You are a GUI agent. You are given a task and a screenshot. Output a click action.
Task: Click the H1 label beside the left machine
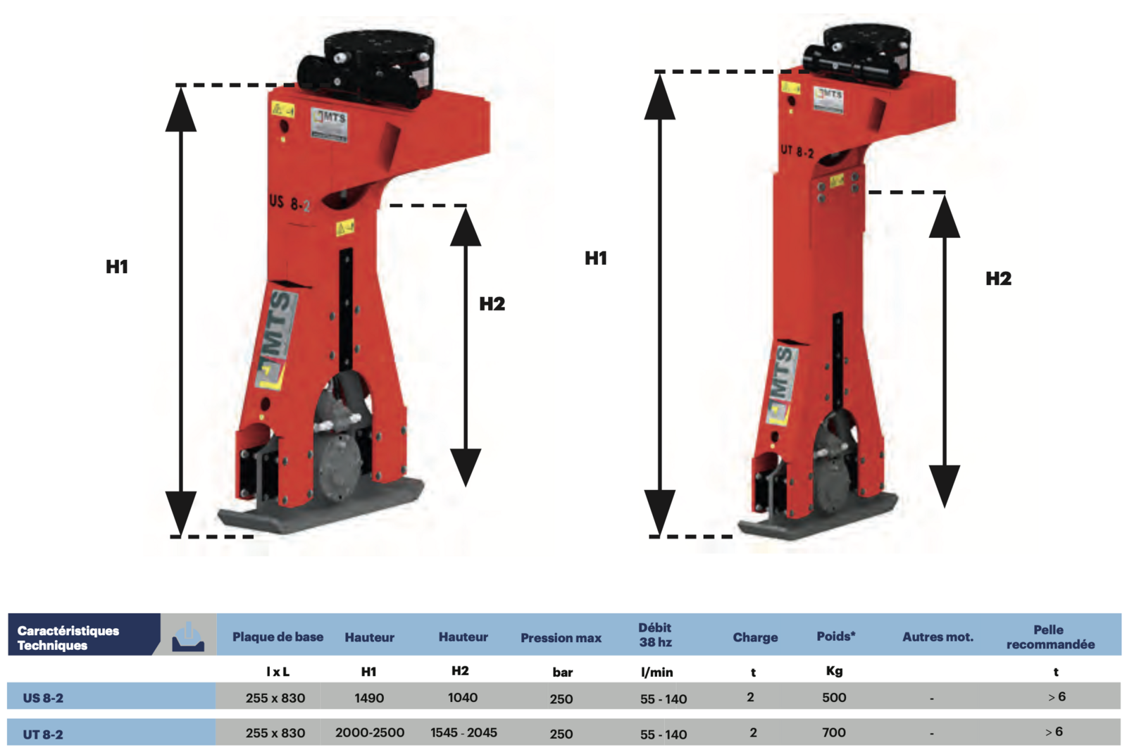(x=117, y=267)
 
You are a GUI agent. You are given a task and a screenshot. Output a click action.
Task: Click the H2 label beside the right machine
(x=998, y=279)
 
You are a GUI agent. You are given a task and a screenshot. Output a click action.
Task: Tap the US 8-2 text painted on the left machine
(x=289, y=203)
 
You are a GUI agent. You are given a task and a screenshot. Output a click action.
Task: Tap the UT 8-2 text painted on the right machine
(x=797, y=151)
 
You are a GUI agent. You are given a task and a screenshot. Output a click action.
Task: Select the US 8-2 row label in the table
(x=43, y=698)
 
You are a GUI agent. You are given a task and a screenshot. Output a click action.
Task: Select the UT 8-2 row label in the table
(x=43, y=734)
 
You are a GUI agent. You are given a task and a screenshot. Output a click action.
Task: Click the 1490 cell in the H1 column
(x=369, y=698)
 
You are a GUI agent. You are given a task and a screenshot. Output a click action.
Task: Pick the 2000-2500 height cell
(x=370, y=733)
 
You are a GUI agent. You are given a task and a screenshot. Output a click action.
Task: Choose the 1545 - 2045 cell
(x=463, y=733)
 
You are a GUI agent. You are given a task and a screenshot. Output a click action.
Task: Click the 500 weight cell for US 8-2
(x=834, y=698)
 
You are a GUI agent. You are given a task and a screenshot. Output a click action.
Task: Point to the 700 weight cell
(x=834, y=733)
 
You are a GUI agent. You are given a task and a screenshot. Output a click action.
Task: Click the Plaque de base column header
(x=278, y=637)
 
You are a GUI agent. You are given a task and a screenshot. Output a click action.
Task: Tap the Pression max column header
(x=561, y=638)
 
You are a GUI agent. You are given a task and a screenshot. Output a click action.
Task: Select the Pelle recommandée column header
(x=1050, y=637)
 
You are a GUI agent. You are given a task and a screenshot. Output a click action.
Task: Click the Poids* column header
(x=836, y=637)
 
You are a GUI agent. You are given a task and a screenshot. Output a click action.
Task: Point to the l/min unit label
(x=656, y=672)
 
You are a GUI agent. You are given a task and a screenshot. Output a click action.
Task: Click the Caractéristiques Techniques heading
(x=68, y=638)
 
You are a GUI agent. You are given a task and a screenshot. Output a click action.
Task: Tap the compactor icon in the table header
(x=188, y=636)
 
